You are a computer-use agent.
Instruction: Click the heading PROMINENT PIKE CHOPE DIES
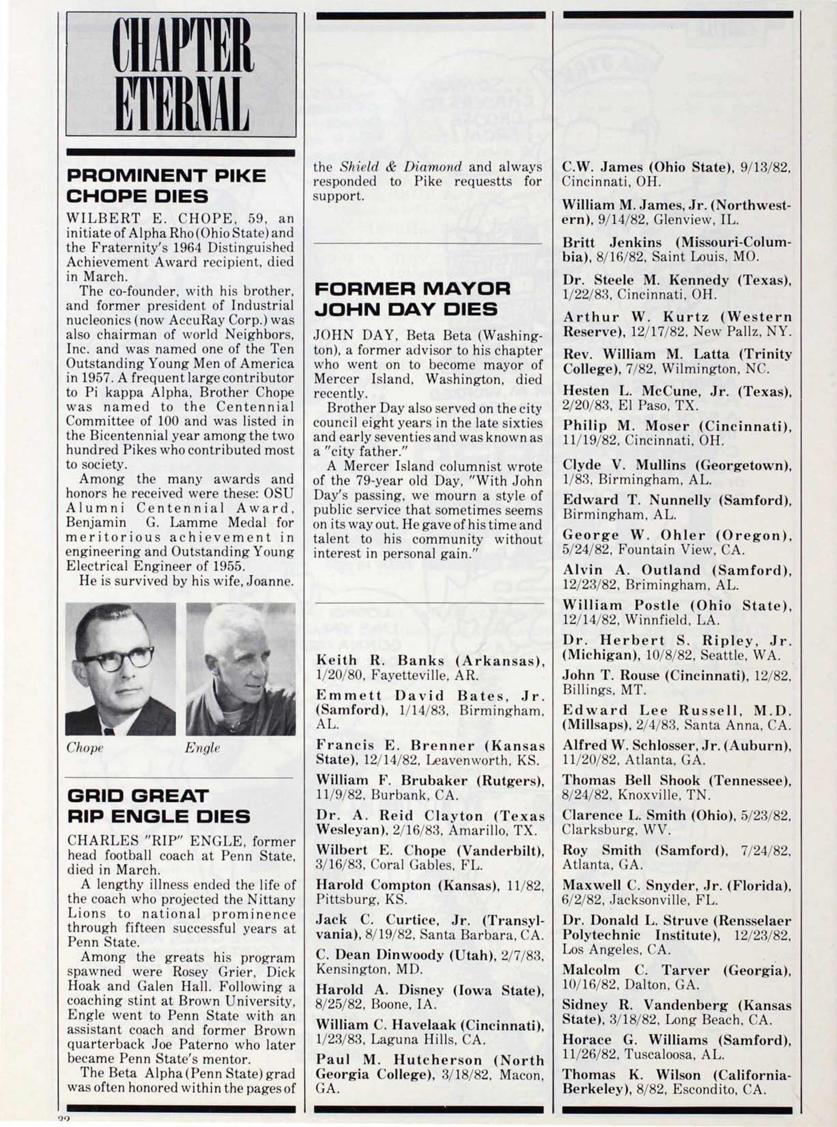coord(166,186)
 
